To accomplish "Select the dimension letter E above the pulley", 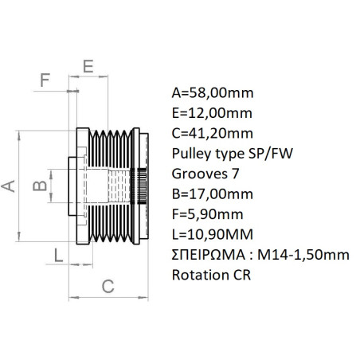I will [88, 65].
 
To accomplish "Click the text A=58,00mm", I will [210, 91].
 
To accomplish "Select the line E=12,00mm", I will [209, 112].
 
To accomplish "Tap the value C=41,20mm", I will [210, 132].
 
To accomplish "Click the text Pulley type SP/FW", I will [228, 153].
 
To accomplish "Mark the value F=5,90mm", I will [206, 214].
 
